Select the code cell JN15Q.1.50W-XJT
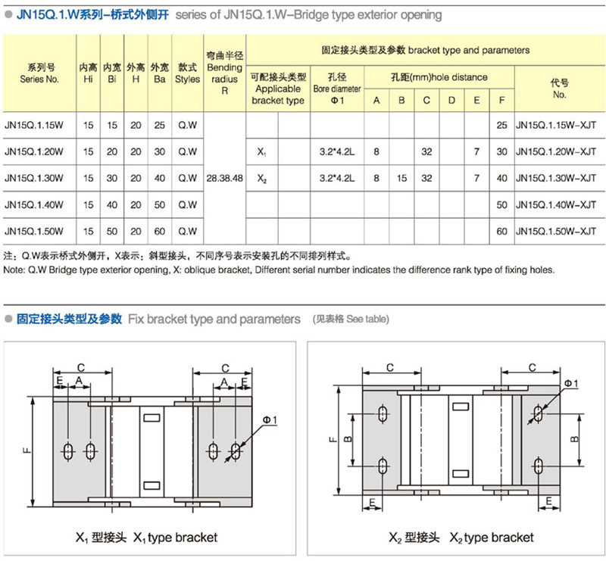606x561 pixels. (549, 230)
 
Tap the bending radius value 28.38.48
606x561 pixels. (225, 179)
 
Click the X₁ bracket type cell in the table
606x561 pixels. (261, 152)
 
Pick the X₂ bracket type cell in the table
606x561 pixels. (261, 179)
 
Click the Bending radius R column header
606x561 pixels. (224, 73)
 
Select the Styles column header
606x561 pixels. (187, 73)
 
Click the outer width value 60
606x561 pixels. (159, 230)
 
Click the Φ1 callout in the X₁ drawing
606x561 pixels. (270, 420)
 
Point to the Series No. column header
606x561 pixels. (39, 73)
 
